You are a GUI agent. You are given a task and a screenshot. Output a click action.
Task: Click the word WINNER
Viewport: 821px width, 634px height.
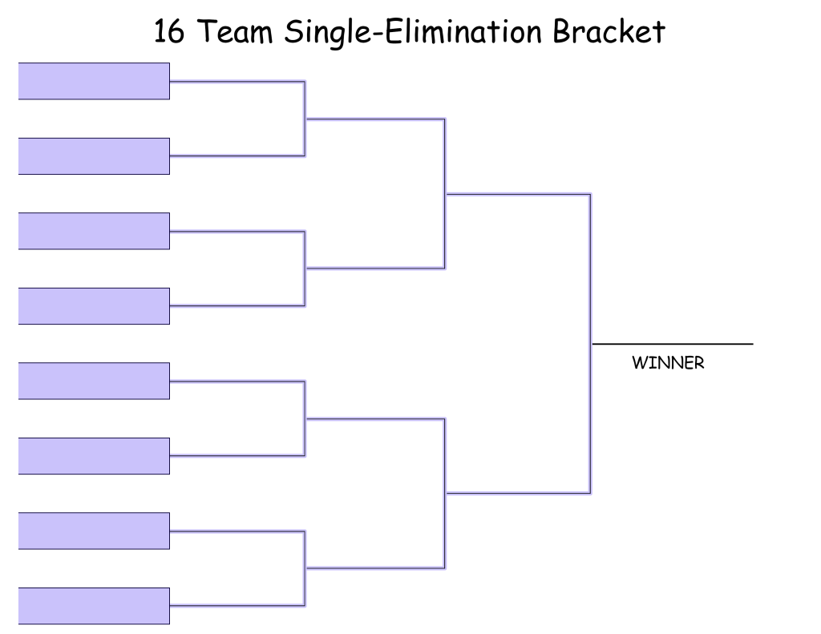(668, 363)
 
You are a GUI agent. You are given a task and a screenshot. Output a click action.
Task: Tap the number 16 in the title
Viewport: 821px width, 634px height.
(169, 31)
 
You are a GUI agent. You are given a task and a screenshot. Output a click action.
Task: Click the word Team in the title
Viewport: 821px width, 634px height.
(236, 31)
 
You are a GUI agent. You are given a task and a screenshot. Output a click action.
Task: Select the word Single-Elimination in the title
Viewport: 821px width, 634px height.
(413, 31)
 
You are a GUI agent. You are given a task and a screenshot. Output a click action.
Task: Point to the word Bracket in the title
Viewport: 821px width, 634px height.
(609, 31)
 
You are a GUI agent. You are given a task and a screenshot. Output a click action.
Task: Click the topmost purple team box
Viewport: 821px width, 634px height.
(95, 81)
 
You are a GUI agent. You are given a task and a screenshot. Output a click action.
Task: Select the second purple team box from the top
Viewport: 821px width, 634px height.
(95, 156)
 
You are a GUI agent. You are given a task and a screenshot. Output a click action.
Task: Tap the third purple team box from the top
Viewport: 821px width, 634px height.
(95, 231)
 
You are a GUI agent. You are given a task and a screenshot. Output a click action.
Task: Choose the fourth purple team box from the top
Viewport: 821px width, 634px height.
(95, 305)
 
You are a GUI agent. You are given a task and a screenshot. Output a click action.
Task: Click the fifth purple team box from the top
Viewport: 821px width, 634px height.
(95, 381)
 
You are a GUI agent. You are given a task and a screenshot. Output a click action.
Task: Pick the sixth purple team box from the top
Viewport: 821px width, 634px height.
(95, 456)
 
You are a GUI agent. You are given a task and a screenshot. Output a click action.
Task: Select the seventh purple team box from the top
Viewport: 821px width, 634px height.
(95, 531)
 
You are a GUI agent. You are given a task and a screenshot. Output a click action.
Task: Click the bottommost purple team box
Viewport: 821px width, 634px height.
(95, 606)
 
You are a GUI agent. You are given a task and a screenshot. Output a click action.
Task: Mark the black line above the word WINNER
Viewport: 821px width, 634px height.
(673, 344)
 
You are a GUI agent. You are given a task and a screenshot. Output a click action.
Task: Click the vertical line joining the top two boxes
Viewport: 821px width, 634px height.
(305, 119)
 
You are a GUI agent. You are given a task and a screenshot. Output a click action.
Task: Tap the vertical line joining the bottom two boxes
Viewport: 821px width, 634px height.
(305, 568)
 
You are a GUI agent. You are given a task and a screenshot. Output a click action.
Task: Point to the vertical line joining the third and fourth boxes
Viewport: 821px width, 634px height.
(305, 268)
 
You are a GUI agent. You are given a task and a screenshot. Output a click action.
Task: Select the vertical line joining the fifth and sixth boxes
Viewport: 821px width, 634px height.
(305, 418)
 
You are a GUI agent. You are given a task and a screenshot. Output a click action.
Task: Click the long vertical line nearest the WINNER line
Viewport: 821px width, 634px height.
(591, 343)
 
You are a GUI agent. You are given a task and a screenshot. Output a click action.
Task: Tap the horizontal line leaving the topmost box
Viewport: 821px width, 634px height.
(237, 81)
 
